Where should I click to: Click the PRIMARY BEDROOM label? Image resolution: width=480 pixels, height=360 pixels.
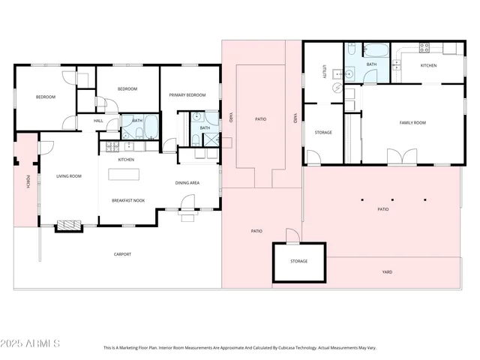pyautogui.click(x=187, y=95)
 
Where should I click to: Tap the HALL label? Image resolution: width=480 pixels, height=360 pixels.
pyautogui.click(x=98, y=121)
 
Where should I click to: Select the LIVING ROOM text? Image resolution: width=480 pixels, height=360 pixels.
pyautogui.click(x=68, y=176)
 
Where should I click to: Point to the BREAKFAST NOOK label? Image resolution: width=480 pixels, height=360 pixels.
pyautogui.click(x=127, y=200)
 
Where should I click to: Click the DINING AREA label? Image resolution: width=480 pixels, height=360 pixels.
pyautogui.click(x=187, y=182)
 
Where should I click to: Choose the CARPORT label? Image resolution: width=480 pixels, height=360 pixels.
pyautogui.click(x=122, y=254)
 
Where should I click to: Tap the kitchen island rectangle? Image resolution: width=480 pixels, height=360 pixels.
pyautogui.click(x=125, y=174)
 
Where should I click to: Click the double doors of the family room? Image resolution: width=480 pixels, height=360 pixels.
pyautogui.click(x=401, y=157)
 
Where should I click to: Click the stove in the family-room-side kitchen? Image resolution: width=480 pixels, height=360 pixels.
pyautogui.click(x=424, y=46)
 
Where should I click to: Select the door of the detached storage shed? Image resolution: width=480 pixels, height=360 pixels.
pyautogui.click(x=292, y=236)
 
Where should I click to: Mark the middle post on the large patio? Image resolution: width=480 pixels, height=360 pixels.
pyautogui.click(x=393, y=199)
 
